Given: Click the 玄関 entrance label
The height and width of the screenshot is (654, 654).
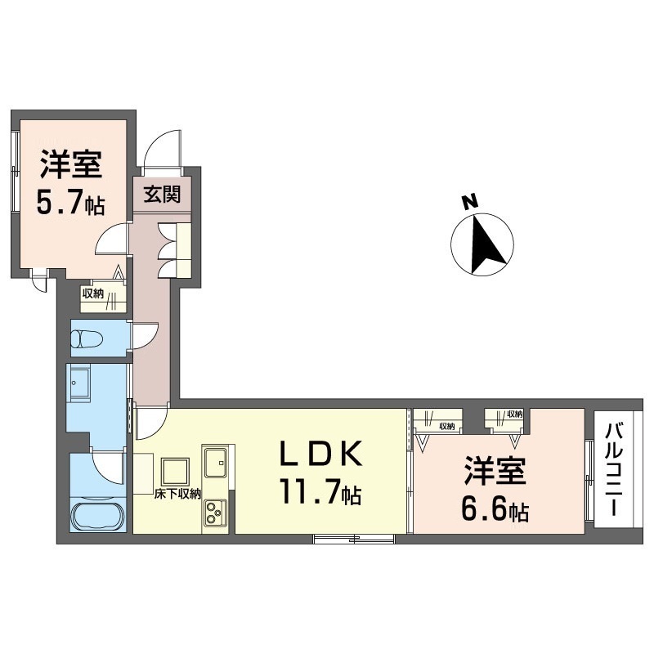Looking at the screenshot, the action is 162,195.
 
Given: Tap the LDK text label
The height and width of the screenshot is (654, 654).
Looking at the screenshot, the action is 320,454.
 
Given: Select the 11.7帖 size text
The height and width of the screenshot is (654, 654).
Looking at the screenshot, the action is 320,492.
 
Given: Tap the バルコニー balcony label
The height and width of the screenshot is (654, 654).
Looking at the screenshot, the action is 615,469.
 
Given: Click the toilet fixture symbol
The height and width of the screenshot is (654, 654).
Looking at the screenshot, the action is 87,338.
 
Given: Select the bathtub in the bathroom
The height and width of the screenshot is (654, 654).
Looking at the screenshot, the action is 98,516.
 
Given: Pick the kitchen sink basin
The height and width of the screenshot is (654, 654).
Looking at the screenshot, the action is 215,462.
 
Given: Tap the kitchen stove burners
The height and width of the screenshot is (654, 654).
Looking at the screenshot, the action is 215,513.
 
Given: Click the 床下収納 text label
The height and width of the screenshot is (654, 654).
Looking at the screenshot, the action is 177,495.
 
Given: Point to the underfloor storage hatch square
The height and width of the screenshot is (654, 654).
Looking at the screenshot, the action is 176,471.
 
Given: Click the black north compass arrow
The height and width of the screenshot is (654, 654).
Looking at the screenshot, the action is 486,244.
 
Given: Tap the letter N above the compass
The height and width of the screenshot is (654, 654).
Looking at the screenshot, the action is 469,202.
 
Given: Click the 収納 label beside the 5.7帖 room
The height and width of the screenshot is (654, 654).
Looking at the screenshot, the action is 92,293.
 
